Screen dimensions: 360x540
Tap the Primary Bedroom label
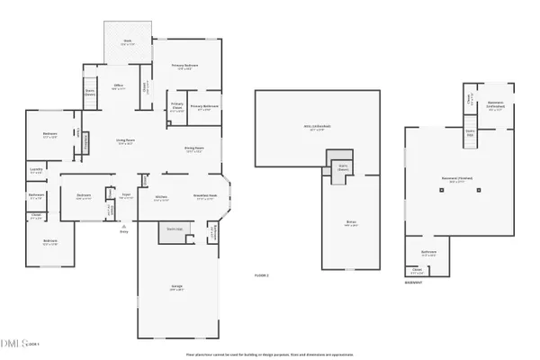184,67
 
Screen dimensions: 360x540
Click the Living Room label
125,141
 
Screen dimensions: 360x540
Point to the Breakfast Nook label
203,198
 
